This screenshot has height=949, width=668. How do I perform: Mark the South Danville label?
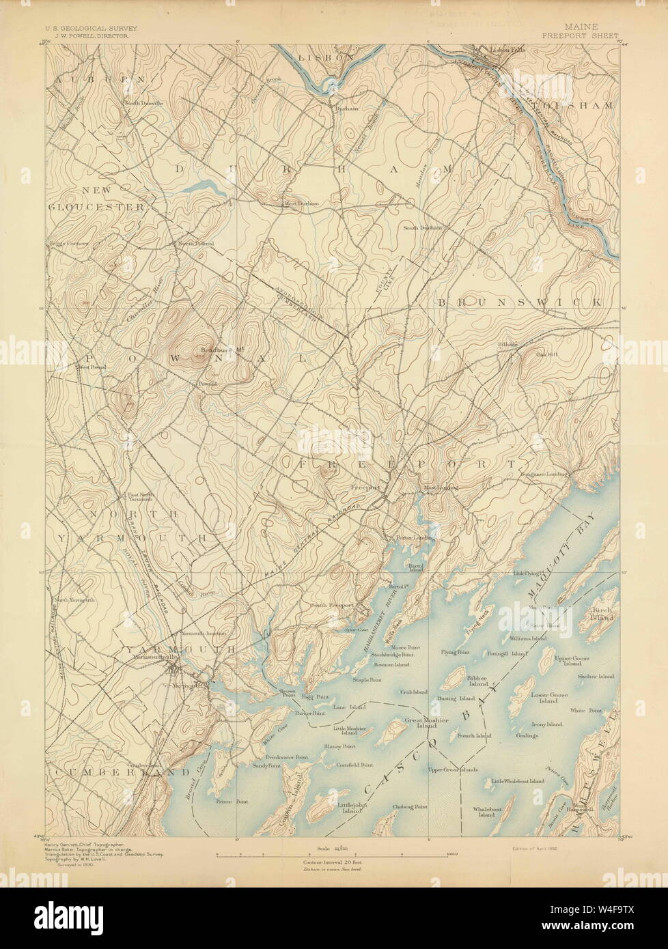(x=143, y=103)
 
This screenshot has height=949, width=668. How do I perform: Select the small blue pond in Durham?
(x=195, y=186)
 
